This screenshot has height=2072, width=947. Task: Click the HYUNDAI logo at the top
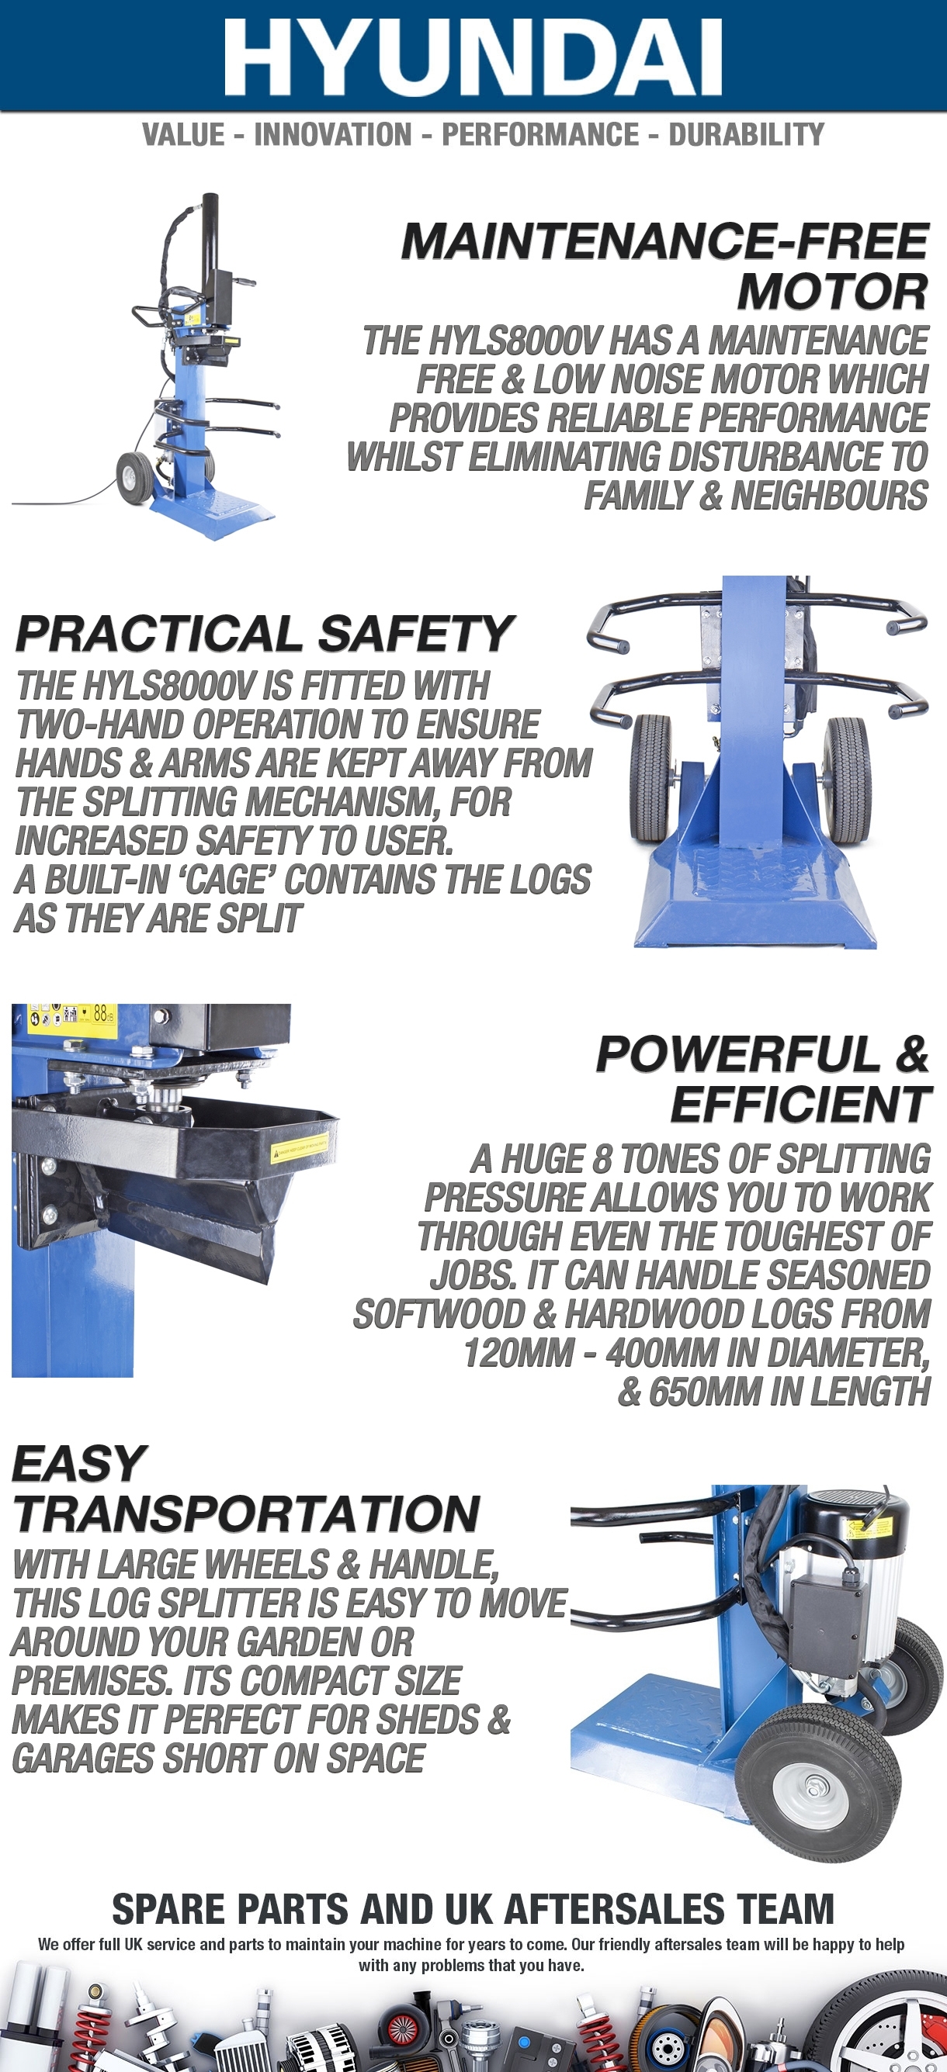point(473,58)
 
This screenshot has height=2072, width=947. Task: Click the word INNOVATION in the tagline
point(333,134)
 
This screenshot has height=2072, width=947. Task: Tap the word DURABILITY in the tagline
point(747,134)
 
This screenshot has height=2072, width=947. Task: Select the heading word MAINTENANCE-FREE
point(665,241)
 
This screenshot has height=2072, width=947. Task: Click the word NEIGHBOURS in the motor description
point(830,496)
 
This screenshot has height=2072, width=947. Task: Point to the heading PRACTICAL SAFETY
point(264,634)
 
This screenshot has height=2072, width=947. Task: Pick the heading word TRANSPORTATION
point(246,1514)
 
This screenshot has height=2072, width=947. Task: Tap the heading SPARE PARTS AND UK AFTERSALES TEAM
point(473,1910)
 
